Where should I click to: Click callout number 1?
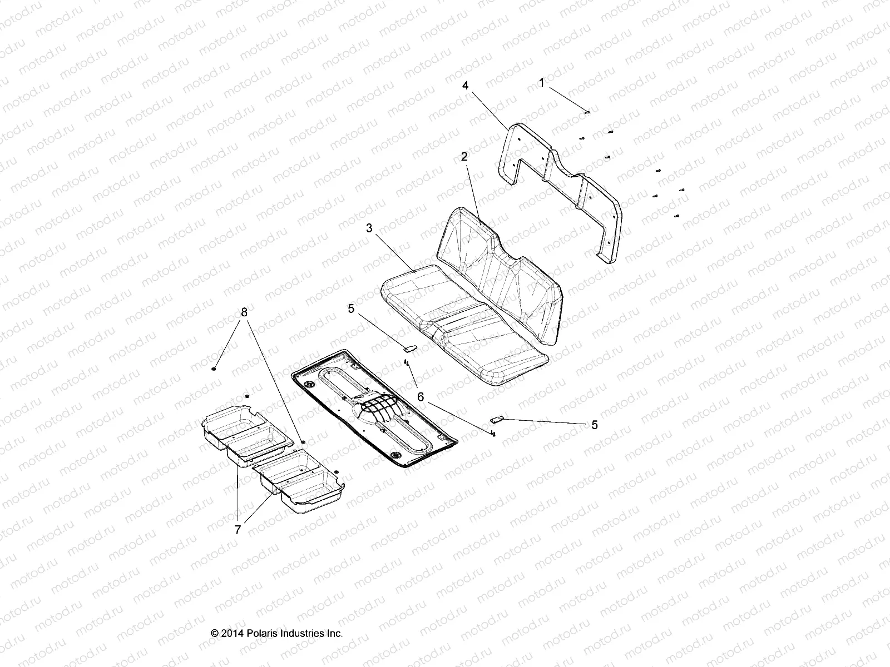click(541, 83)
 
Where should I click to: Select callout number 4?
click(465, 86)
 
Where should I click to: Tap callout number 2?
click(463, 157)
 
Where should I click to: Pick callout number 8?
click(243, 312)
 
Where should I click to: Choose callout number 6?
click(421, 396)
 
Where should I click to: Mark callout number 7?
click(238, 530)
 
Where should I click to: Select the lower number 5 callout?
click(595, 425)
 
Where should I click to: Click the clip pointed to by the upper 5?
click(409, 349)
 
